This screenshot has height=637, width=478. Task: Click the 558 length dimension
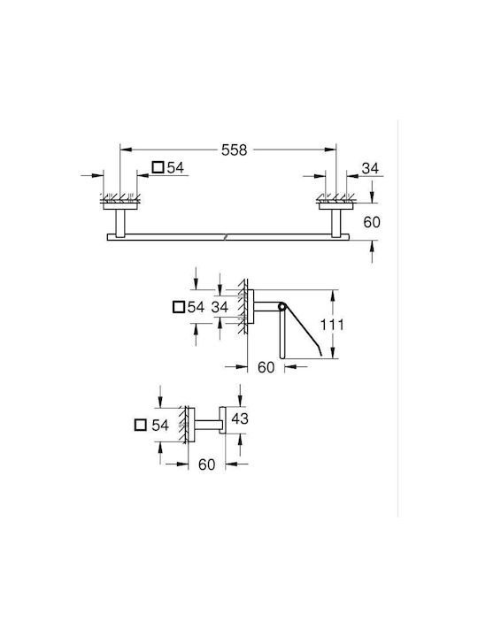(x=234, y=150)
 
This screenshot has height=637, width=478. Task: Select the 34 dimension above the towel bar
(x=370, y=168)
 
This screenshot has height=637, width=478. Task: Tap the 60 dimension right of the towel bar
(x=372, y=222)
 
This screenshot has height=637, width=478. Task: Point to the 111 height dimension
(x=332, y=325)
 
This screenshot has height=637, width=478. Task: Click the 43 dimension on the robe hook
(x=239, y=418)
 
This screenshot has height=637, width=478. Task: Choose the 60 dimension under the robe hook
(x=206, y=464)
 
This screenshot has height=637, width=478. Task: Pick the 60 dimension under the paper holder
(x=266, y=367)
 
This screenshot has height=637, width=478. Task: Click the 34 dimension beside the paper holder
(x=220, y=307)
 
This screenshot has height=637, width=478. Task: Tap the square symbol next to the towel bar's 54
(x=158, y=167)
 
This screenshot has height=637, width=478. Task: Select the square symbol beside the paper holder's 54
(x=179, y=307)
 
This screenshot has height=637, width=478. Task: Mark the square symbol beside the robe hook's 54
(x=140, y=425)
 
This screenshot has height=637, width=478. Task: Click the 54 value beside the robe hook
(x=160, y=425)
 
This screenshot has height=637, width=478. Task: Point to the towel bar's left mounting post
(x=120, y=223)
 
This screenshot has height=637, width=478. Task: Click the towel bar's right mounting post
(x=336, y=223)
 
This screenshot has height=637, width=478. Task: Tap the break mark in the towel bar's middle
(x=228, y=237)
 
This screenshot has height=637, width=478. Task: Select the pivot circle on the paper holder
(x=281, y=305)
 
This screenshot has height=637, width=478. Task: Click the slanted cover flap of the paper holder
(x=303, y=330)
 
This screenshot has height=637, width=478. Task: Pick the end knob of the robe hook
(x=222, y=419)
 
